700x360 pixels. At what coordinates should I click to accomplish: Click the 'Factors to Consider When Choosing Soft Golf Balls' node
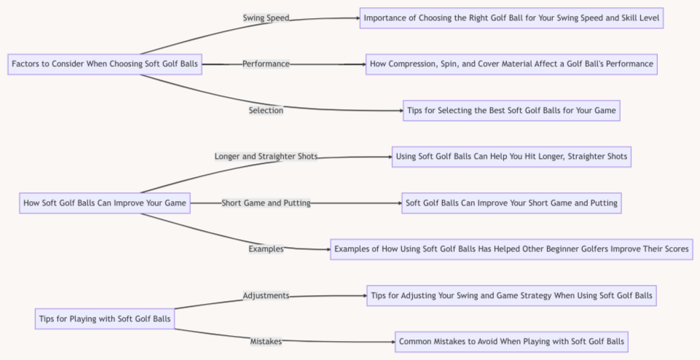[104, 64]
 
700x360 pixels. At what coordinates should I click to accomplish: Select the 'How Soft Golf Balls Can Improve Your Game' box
[105, 203]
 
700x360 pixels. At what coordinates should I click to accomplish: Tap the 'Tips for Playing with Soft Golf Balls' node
[104, 318]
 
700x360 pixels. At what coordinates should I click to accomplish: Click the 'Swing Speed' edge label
[266, 17]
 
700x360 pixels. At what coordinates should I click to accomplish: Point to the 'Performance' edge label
[266, 64]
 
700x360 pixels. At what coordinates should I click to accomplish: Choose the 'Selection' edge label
[266, 111]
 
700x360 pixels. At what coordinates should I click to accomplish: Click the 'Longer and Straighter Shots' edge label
[266, 157]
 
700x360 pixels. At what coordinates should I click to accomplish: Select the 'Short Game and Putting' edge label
[266, 203]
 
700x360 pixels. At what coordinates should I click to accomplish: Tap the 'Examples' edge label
[266, 249]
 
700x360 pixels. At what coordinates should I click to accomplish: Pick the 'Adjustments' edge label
[266, 296]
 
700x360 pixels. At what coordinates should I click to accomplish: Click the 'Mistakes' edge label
[266, 342]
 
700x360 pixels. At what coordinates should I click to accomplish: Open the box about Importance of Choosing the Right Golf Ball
[511, 17]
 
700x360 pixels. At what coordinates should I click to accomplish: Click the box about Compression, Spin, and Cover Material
[511, 64]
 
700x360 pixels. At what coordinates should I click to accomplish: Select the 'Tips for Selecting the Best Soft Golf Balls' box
[511, 111]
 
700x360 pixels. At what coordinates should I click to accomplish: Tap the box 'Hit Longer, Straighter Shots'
[511, 157]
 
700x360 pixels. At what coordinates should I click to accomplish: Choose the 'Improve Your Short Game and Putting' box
[511, 203]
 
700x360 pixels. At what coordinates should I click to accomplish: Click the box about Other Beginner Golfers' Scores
[511, 249]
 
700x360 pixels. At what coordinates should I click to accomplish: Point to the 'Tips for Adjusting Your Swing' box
[511, 296]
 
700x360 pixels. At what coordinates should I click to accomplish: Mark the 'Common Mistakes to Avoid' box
[511, 342]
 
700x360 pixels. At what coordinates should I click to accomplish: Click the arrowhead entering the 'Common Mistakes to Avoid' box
[393, 342]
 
